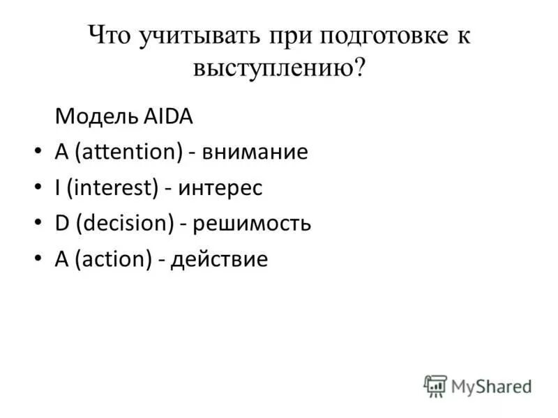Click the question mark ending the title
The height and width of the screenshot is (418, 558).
point(359,68)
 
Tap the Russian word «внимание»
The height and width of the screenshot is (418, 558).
point(255,152)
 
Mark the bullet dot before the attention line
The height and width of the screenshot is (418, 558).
point(37,153)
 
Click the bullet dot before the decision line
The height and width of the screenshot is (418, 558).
point(37,225)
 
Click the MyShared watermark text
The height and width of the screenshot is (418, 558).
point(491,386)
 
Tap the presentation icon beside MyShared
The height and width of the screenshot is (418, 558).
point(435,386)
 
